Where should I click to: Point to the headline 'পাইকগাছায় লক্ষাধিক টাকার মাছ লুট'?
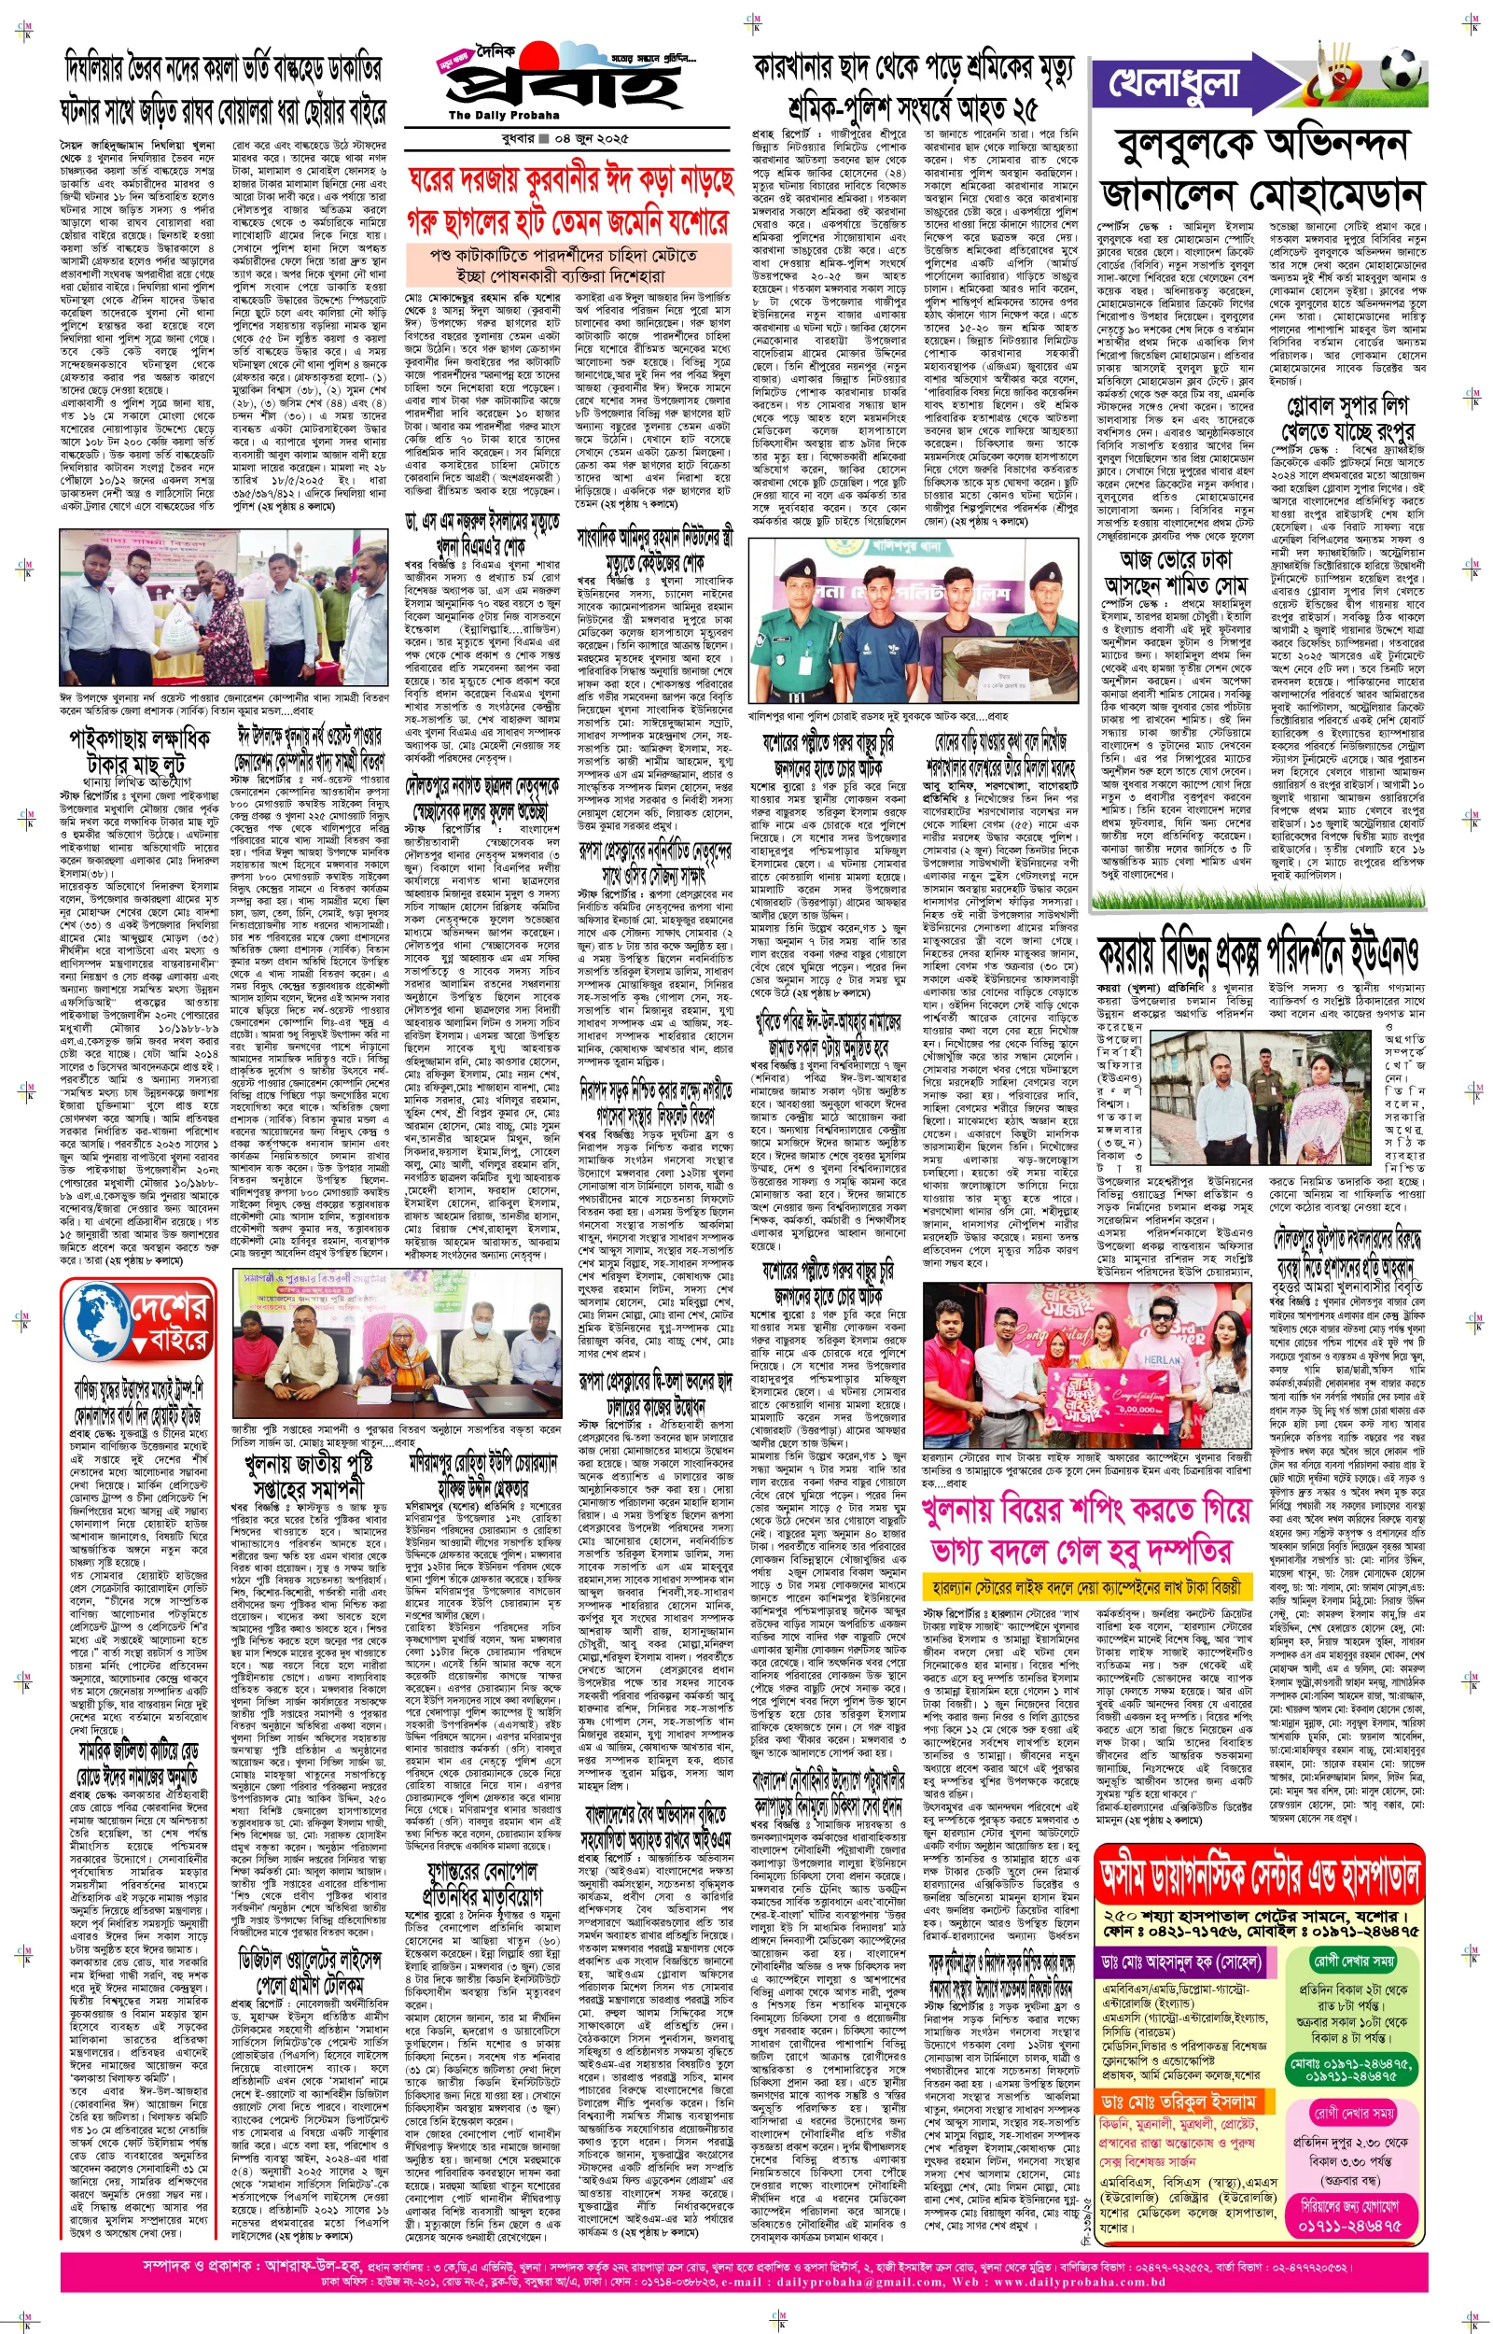(140, 751)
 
